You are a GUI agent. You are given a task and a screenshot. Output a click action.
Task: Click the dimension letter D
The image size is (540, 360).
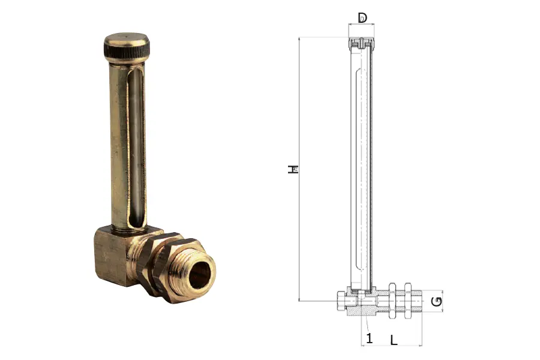click(x=362, y=17)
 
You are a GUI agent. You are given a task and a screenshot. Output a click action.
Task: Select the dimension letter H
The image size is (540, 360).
click(x=293, y=169)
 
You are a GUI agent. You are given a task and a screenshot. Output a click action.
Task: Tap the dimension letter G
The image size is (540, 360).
click(x=437, y=301)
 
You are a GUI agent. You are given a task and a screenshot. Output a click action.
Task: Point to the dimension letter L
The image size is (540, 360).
click(x=394, y=340)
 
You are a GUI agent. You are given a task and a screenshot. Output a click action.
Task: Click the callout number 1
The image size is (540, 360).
click(x=370, y=338)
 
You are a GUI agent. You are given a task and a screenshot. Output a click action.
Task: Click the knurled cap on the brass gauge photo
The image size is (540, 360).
click(x=127, y=46)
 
